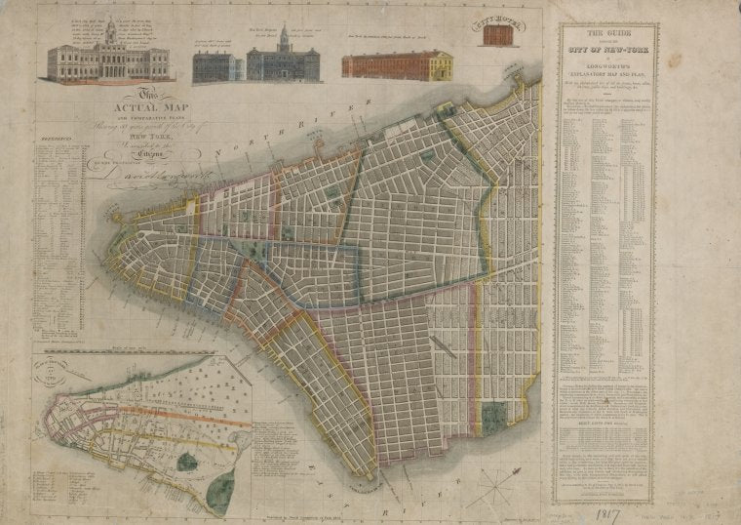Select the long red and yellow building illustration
[x=397, y=65]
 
